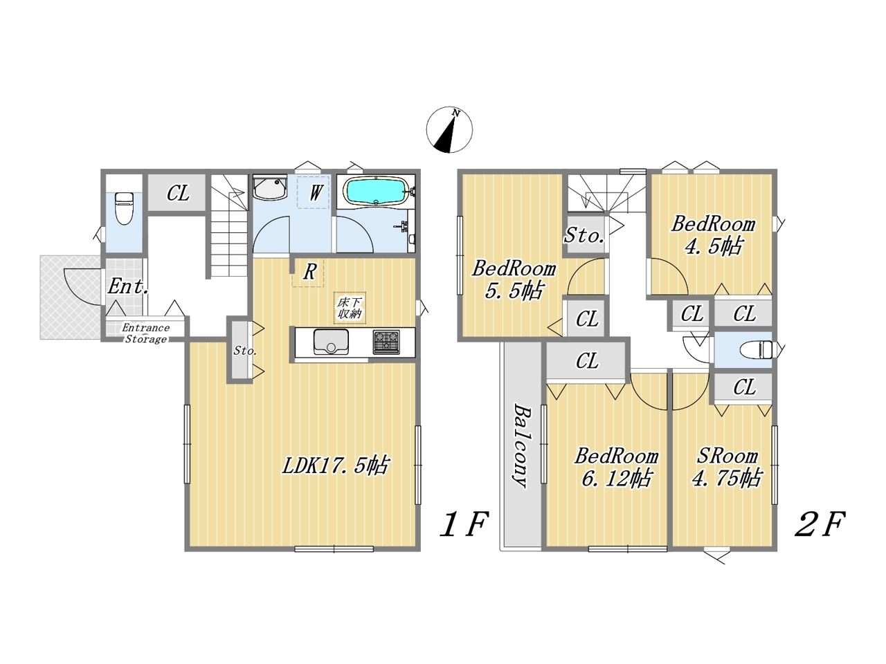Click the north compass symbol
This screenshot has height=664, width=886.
(x=449, y=130)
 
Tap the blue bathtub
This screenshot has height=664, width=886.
(x=376, y=193)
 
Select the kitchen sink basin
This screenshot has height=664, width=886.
(x=331, y=342)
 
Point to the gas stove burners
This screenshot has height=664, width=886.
(x=386, y=342)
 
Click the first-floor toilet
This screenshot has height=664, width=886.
(x=124, y=208)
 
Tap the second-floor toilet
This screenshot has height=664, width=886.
(x=756, y=349)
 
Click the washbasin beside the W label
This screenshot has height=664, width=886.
(x=270, y=188)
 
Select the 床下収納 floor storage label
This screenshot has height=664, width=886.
(x=350, y=308)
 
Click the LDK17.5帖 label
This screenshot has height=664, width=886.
(x=335, y=466)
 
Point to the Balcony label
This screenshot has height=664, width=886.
(x=521, y=445)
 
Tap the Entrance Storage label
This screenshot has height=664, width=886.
(x=146, y=333)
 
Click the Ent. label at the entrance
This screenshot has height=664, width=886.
(x=128, y=286)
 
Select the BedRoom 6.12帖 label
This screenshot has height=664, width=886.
(x=616, y=468)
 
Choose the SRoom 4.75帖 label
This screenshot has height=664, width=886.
(x=727, y=468)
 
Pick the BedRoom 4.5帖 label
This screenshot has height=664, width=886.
(x=713, y=235)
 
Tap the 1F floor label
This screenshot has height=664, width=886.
(x=464, y=524)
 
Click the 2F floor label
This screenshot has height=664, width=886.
(x=820, y=524)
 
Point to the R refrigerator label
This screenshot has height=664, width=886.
(x=309, y=272)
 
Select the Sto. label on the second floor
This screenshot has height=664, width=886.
(x=584, y=235)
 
